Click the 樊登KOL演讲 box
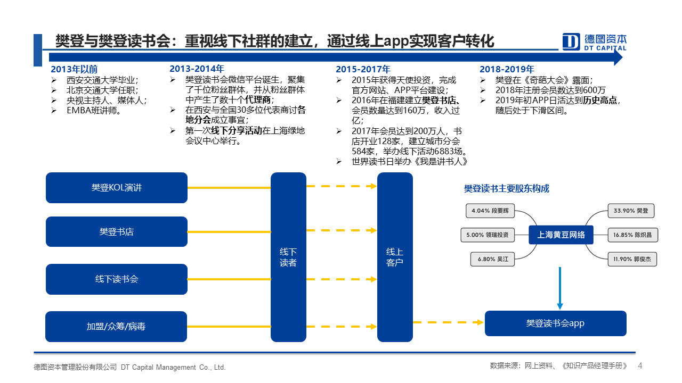[x=117, y=188]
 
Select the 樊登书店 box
[x=117, y=231]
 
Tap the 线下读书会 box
[x=117, y=279]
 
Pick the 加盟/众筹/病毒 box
[x=116, y=327]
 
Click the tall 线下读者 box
[x=288, y=257]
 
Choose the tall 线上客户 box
[x=395, y=257]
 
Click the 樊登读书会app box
[x=556, y=323]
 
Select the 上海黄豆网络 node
[x=561, y=235]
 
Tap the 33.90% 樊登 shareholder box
[x=631, y=211]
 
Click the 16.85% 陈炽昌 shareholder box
[x=632, y=235]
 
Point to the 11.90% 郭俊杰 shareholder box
[x=632, y=259]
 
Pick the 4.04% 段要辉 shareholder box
[x=490, y=211]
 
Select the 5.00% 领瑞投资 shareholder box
[x=488, y=235]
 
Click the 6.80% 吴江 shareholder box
[x=492, y=259]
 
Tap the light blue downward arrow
[x=560, y=288]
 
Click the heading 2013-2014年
[x=197, y=69]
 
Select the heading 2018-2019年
[x=507, y=69]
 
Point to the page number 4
[x=640, y=365]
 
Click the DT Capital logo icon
[x=571, y=41]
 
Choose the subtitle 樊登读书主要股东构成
[x=507, y=188]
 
